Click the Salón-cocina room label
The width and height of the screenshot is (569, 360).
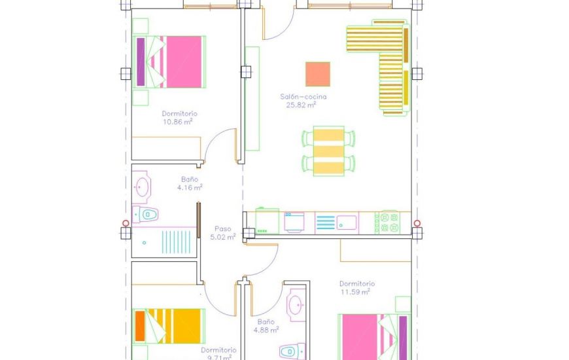(303, 97)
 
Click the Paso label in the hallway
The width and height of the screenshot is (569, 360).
(222, 229)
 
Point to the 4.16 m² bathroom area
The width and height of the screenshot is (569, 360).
(189, 187)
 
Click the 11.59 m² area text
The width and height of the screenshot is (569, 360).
(356, 292)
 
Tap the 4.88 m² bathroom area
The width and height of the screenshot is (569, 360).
(266, 330)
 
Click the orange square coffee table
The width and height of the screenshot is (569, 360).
(318, 74)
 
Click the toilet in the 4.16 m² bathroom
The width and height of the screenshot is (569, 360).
(147, 213)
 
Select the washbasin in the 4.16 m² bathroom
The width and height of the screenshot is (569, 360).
(143, 186)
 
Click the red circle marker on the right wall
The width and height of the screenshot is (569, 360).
(417, 223)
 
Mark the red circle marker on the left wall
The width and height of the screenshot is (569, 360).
(126, 223)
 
